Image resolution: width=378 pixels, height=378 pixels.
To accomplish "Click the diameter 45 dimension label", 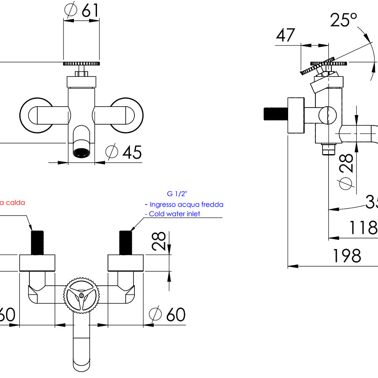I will click(x=124, y=152).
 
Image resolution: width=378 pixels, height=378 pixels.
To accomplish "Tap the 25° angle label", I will click(x=343, y=20).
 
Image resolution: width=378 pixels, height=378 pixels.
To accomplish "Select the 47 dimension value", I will click(x=286, y=35).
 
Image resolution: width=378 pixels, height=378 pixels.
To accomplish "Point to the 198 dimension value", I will click(x=347, y=256).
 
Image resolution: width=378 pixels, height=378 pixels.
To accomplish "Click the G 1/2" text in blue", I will click(x=177, y=194).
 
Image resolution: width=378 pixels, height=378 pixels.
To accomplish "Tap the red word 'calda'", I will click(x=15, y=202).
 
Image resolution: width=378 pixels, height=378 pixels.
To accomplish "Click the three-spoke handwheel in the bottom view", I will click(x=81, y=294).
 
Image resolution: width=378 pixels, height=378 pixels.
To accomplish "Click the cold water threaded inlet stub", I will click(x=126, y=243).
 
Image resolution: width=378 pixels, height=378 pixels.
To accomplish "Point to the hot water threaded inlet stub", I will click(x=38, y=243).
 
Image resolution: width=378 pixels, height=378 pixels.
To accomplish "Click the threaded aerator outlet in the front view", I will click(x=81, y=152).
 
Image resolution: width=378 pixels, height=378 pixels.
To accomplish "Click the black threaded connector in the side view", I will click(x=275, y=115).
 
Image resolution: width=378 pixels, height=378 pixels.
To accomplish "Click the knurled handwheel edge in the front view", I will click(x=81, y=63).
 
